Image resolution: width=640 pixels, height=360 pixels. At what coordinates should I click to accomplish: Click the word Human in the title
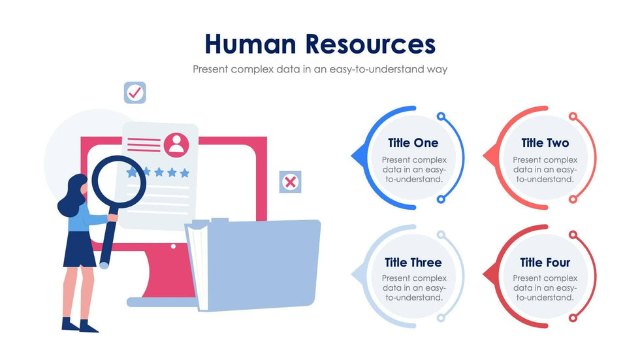251,44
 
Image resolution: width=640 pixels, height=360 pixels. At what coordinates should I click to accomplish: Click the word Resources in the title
370,44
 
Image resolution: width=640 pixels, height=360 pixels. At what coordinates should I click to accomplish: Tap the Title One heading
413,143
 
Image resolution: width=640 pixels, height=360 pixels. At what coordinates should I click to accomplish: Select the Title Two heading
545,143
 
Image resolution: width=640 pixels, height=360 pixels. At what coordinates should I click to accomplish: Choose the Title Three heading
413,263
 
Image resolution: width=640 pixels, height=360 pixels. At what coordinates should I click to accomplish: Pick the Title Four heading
545,263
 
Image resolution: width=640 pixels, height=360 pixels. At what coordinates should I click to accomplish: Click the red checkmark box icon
135,93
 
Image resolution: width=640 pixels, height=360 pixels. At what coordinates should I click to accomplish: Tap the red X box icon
290,182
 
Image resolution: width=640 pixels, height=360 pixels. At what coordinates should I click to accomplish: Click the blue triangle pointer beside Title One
357,156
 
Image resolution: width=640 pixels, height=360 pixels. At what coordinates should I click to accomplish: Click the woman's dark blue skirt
80,250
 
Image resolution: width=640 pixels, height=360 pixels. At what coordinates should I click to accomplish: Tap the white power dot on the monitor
173,247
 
